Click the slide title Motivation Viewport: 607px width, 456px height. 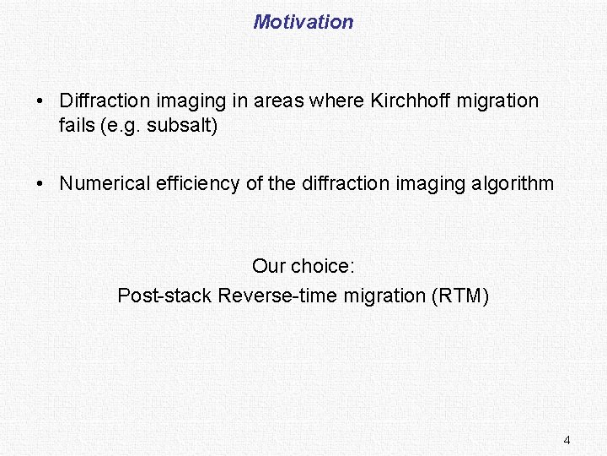[x=303, y=22]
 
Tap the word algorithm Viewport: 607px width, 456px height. [x=516, y=183]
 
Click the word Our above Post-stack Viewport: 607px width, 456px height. [x=269, y=267]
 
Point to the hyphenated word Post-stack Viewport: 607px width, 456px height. [x=164, y=296]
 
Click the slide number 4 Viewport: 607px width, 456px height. [x=567, y=440]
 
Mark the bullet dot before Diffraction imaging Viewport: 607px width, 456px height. [x=40, y=101]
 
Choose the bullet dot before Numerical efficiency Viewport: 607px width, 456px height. [x=40, y=183]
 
